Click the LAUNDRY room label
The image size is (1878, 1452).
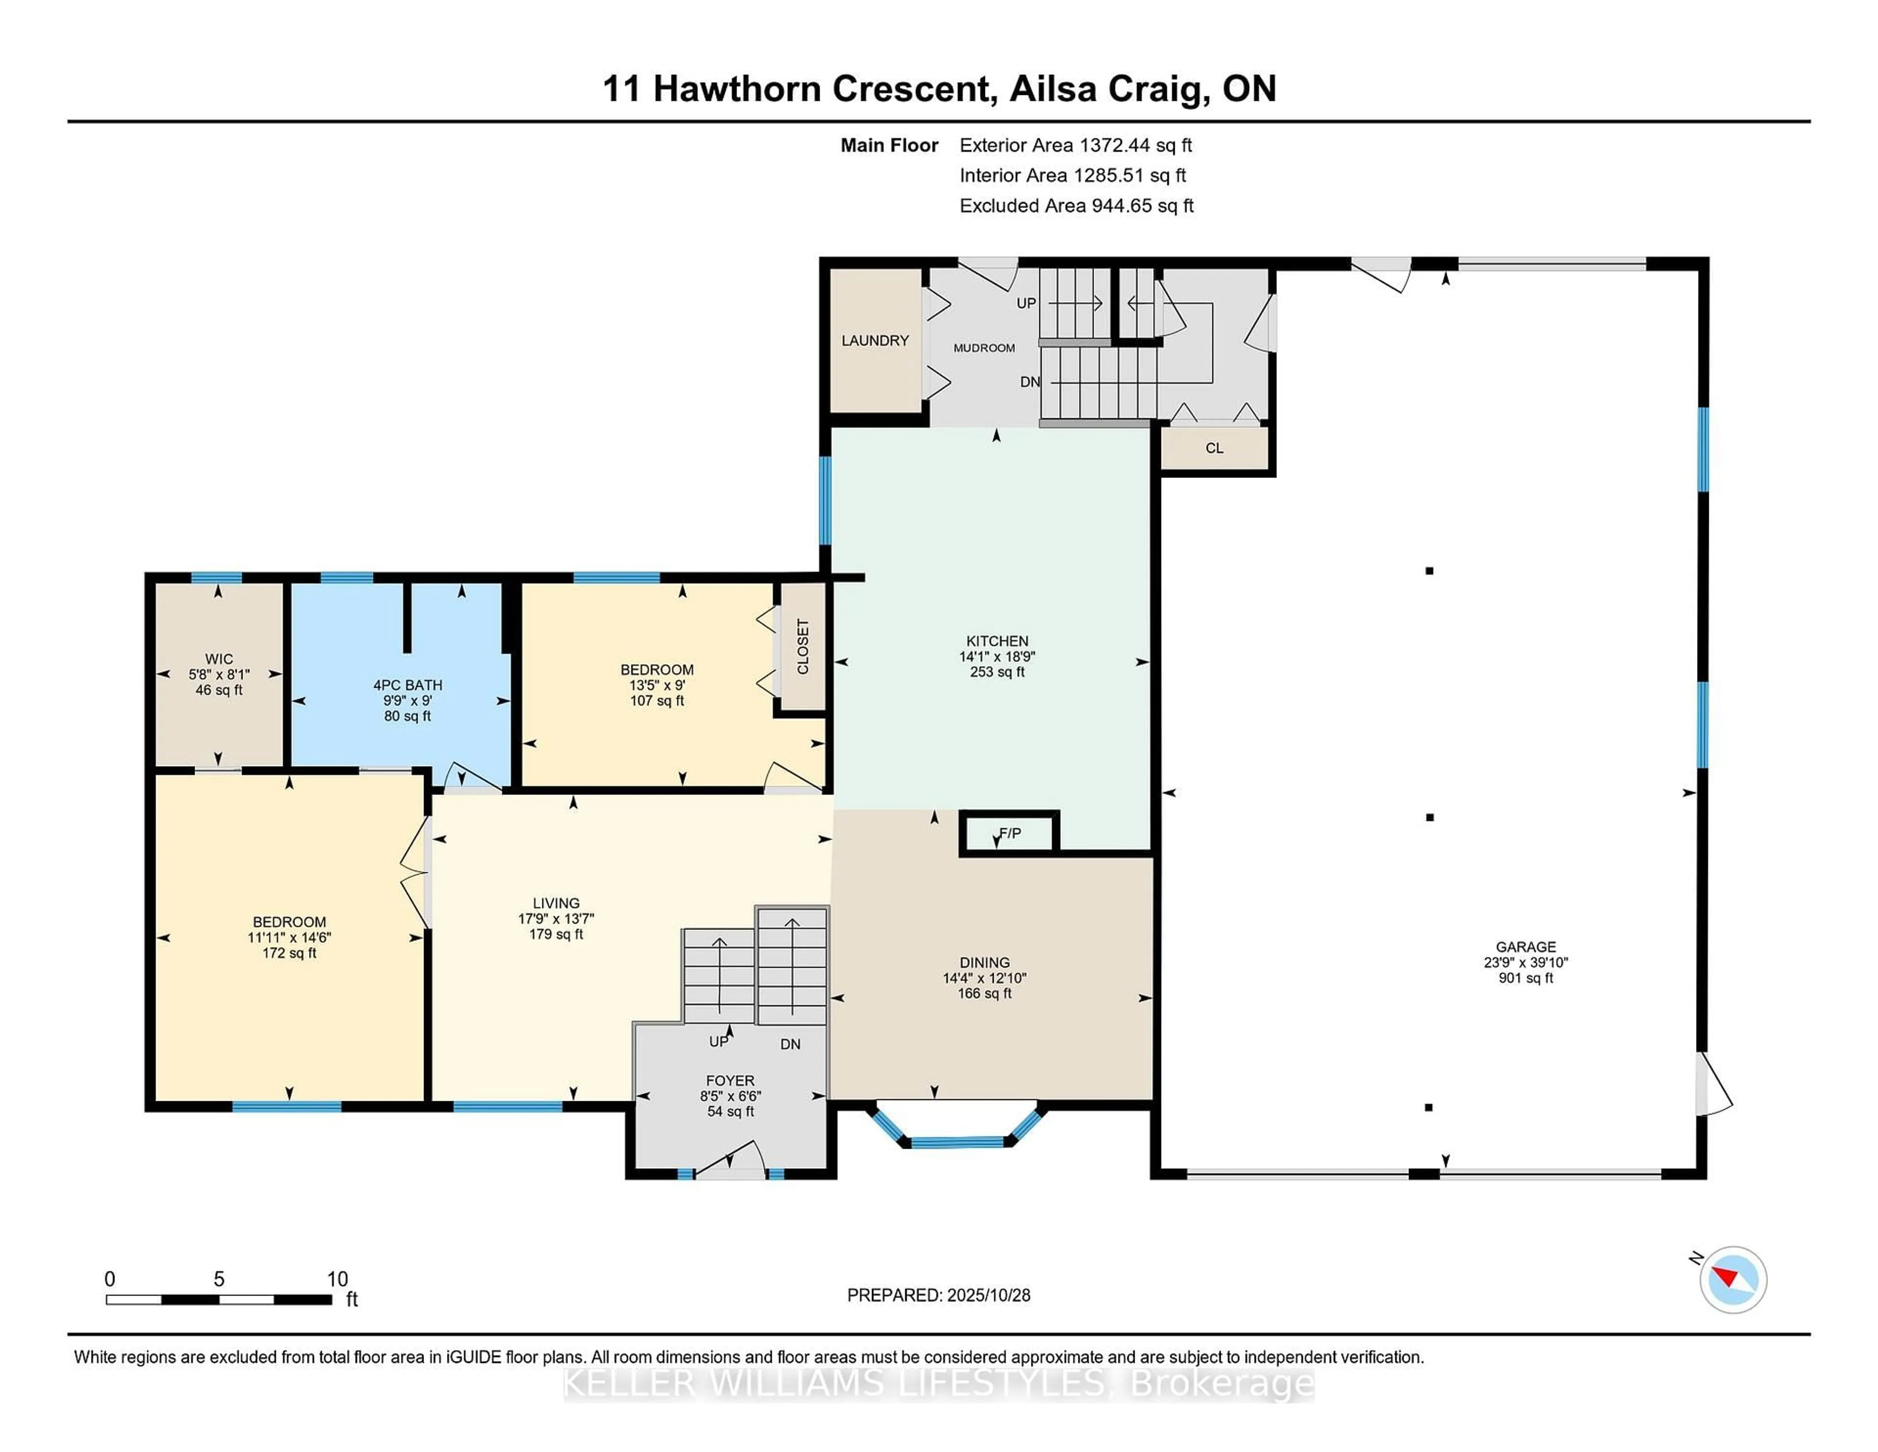coord(874,340)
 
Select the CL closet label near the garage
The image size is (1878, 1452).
coord(1213,448)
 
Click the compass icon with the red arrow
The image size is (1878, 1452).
coord(1733,1279)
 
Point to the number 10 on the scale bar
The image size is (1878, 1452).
coord(337,1279)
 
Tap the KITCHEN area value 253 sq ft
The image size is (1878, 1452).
coord(997,672)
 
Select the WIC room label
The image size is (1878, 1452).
coord(219,659)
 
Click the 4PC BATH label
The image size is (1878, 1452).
coord(407,685)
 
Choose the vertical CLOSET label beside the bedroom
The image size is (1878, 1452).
coord(802,647)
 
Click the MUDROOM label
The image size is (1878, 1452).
coord(984,347)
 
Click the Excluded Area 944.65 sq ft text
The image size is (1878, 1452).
coord(1076,205)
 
